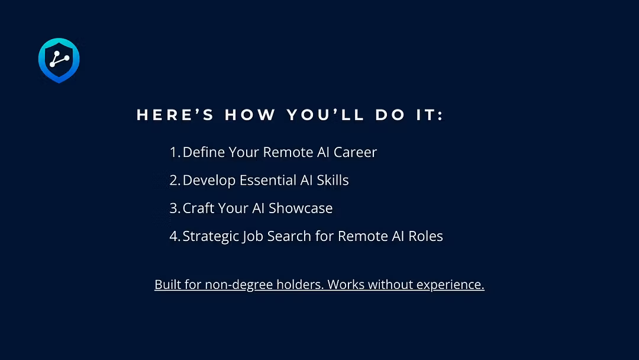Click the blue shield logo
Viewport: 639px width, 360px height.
point(59,60)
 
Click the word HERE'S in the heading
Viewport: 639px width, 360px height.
point(175,114)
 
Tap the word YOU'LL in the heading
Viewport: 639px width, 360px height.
point(325,114)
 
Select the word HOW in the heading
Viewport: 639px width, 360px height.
point(250,114)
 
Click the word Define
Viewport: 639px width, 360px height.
point(204,152)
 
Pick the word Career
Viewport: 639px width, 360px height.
point(356,152)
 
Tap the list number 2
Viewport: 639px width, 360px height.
point(175,180)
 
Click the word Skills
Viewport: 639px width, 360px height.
point(333,180)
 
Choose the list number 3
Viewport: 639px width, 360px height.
point(175,208)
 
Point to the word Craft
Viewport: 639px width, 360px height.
point(198,208)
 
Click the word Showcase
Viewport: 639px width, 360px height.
point(301,208)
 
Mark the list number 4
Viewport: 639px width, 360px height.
point(175,236)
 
